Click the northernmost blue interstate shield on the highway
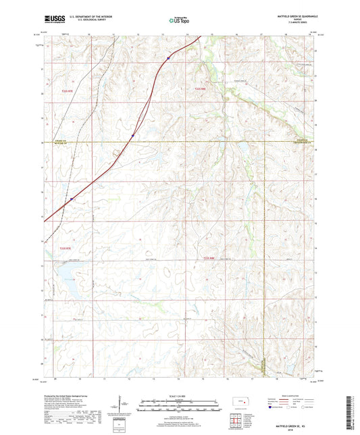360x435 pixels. click(x=168, y=59)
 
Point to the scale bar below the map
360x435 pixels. click(x=180, y=407)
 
